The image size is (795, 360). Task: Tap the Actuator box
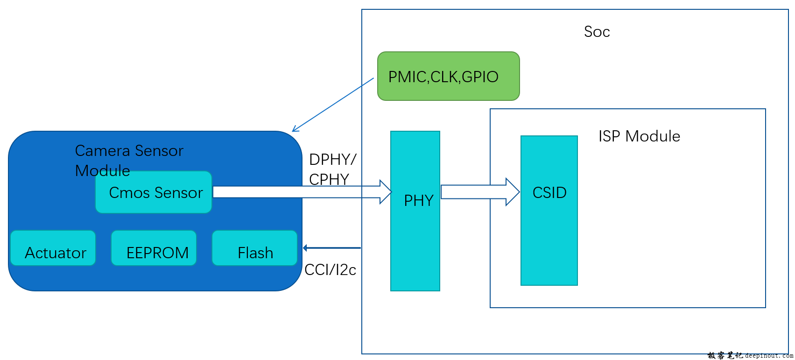tap(53, 248)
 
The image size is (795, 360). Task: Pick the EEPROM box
tap(154, 248)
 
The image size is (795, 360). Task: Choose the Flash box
tap(254, 248)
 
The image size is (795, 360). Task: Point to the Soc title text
tap(597, 32)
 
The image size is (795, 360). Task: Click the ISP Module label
tap(639, 136)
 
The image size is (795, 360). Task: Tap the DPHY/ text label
tap(332, 160)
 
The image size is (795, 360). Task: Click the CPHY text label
tap(329, 179)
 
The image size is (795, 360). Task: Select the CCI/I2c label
tap(330, 270)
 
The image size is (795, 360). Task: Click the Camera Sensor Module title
tap(129, 160)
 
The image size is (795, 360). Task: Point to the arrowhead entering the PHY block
tap(386, 192)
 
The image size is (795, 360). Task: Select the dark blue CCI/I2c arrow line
tap(332, 248)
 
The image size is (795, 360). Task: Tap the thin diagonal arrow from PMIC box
tap(332, 105)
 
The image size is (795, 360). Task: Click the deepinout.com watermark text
tap(769, 356)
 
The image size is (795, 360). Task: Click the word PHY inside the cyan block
tap(418, 201)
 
